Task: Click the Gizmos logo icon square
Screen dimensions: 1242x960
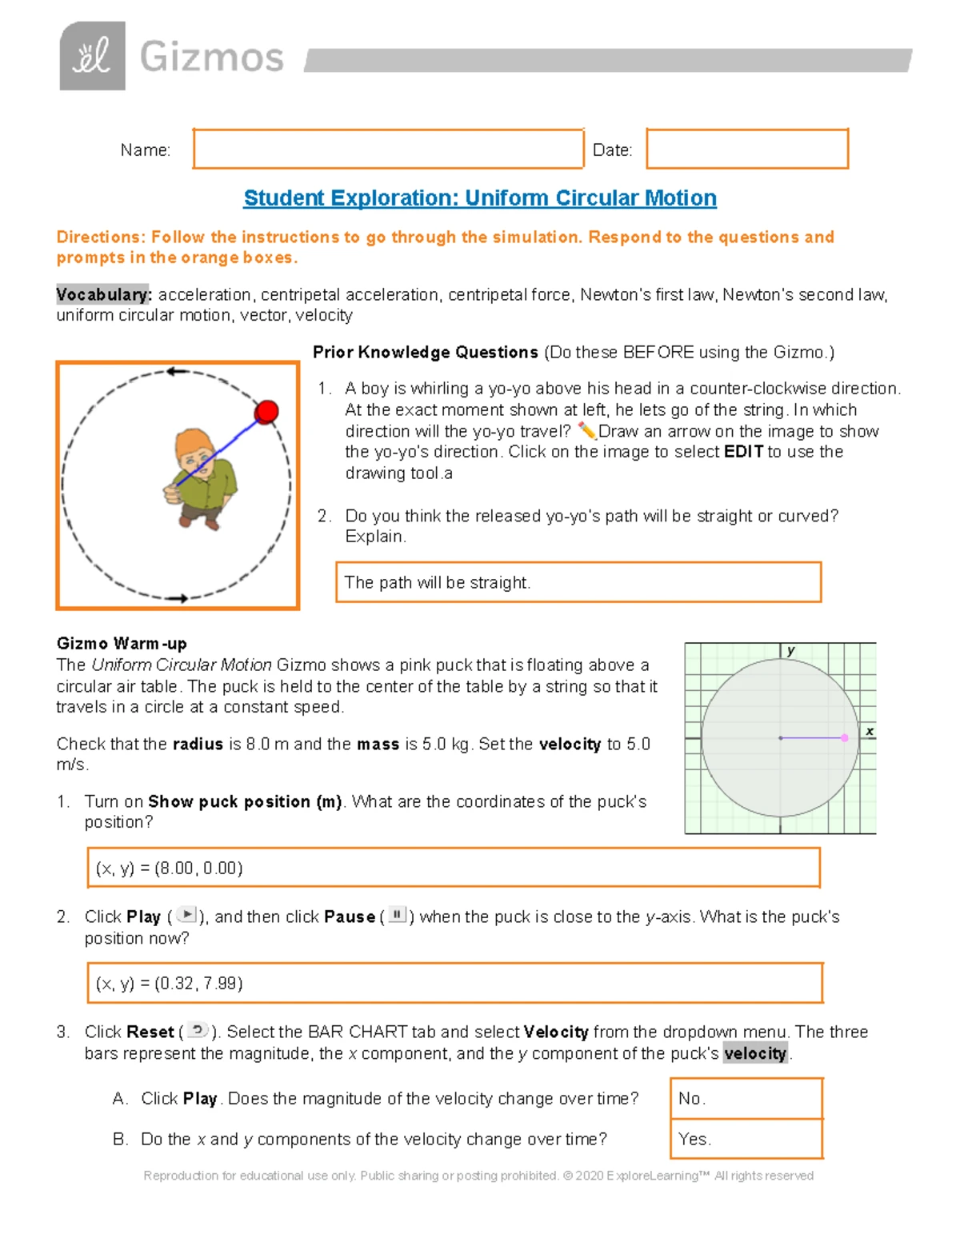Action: pos(92,56)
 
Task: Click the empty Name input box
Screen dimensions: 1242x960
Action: pos(388,149)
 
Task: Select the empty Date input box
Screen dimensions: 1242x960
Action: pos(746,149)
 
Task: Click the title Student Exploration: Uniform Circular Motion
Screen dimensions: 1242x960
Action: pos(479,198)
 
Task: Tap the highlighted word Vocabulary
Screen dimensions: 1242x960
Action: pos(103,295)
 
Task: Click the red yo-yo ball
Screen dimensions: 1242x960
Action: pos(266,412)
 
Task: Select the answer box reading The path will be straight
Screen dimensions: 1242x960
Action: pos(578,582)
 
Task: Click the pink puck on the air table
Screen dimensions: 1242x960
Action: pos(845,737)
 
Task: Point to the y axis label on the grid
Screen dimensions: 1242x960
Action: pos(790,651)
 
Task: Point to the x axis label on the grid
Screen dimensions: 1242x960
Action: pos(870,731)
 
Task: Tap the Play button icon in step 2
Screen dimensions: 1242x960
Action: pos(186,915)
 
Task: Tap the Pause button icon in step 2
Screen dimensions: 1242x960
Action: pos(398,915)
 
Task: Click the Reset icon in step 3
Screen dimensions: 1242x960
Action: pos(198,1030)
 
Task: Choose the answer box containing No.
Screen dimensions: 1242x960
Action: pos(746,1098)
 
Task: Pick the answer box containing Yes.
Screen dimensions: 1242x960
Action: pos(746,1138)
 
